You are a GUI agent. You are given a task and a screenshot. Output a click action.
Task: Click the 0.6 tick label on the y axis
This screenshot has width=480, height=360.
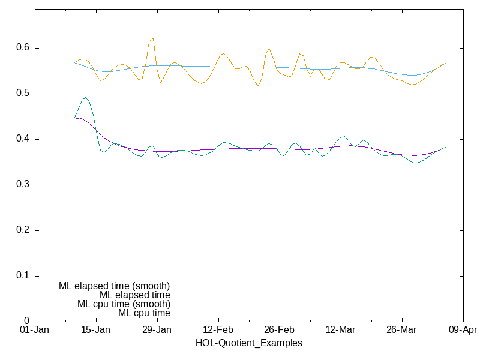tap(23, 48)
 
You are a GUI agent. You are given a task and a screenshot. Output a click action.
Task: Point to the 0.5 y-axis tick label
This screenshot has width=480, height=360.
tap(23, 94)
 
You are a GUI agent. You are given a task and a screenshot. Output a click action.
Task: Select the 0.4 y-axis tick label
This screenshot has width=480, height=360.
tap(23, 139)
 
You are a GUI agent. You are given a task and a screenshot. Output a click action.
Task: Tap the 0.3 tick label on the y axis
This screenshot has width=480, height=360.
tap(23, 185)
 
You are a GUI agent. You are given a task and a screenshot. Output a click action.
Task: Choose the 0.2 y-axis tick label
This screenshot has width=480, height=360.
tap(23, 230)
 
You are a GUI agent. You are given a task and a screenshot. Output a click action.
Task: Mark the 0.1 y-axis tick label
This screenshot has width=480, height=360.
tap(23, 276)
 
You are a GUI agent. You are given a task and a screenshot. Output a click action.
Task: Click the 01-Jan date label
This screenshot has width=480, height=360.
tap(35, 330)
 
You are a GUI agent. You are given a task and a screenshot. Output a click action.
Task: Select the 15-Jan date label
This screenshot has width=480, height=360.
tap(96, 330)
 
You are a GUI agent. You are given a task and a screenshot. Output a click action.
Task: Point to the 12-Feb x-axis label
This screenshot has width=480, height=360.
tap(218, 330)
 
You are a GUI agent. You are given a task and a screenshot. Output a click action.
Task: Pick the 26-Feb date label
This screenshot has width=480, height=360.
tap(279, 330)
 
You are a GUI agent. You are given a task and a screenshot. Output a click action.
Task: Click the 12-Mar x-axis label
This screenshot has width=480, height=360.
tap(340, 330)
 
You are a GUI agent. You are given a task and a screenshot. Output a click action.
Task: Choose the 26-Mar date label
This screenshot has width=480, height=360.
tap(401, 330)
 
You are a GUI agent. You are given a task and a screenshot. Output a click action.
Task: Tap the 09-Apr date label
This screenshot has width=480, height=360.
tap(463, 330)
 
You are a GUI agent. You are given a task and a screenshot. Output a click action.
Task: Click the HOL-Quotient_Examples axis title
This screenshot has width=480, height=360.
tap(249, 343)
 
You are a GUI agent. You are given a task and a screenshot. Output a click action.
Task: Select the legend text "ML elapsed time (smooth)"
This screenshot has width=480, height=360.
tap(115, 286)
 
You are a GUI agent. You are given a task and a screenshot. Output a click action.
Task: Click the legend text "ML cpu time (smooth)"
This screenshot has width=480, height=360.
tap(124, 304)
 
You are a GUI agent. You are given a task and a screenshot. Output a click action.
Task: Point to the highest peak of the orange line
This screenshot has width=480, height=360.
tap(153, 38)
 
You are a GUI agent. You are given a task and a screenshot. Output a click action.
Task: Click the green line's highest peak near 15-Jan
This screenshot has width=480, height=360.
tap(85, 98)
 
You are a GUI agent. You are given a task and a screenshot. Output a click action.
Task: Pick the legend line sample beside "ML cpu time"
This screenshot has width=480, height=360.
tap(188, 313)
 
